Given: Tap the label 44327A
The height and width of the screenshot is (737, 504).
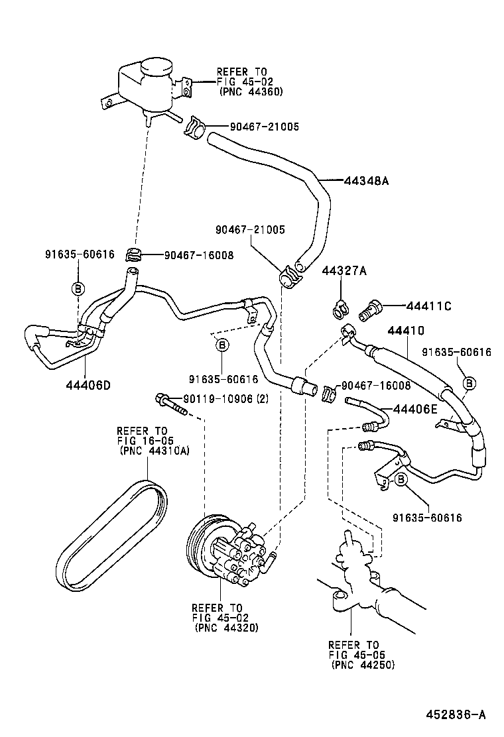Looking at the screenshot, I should click(344, 270).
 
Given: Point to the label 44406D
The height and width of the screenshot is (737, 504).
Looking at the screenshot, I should click(88, 384).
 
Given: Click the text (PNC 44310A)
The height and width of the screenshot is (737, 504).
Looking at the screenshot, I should click(154, 451).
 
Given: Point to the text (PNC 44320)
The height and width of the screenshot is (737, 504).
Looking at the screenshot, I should click(225, 628).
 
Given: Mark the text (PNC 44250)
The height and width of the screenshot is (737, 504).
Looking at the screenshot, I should click(362, 665).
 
